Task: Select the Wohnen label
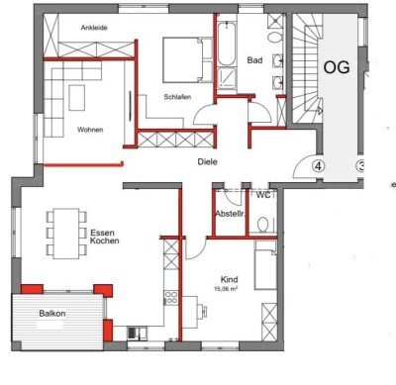pyautogui.click(x=91, y=130)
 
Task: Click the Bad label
pyautogui.click(x=254, y=61)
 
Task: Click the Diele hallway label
pyautogui.click(x=207, y=161)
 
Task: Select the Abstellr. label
pyautogui.click(x=230, y=214)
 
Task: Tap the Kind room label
pyautogui.click(x=229, y=280)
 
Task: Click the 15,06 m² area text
pyautogui.click(x=229, y=291)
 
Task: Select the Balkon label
pyautogui.click(x=52, y=313)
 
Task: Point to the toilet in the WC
pyautogui.click(x=263, y=224)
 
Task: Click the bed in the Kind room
pyautogui.click(x=265, y=267)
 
